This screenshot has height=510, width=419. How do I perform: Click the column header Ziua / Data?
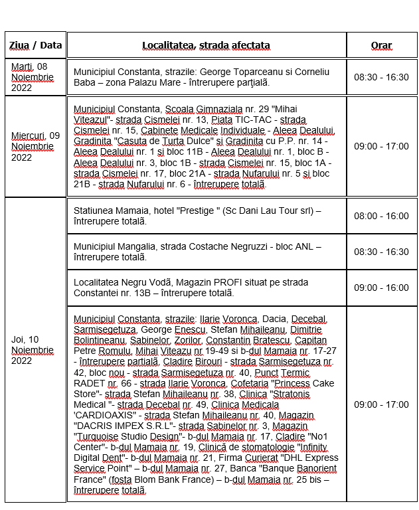35,45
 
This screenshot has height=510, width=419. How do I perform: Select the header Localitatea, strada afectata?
206,45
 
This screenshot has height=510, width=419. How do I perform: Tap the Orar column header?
381,45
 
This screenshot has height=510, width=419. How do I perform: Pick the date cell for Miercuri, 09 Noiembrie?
35,146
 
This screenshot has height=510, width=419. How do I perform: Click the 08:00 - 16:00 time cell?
381,216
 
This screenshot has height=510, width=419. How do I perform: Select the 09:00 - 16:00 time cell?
381,288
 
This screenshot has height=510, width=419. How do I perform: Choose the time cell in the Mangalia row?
381,252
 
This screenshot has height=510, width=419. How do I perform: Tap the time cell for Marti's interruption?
381,77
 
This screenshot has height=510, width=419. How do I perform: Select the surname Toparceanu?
258,71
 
